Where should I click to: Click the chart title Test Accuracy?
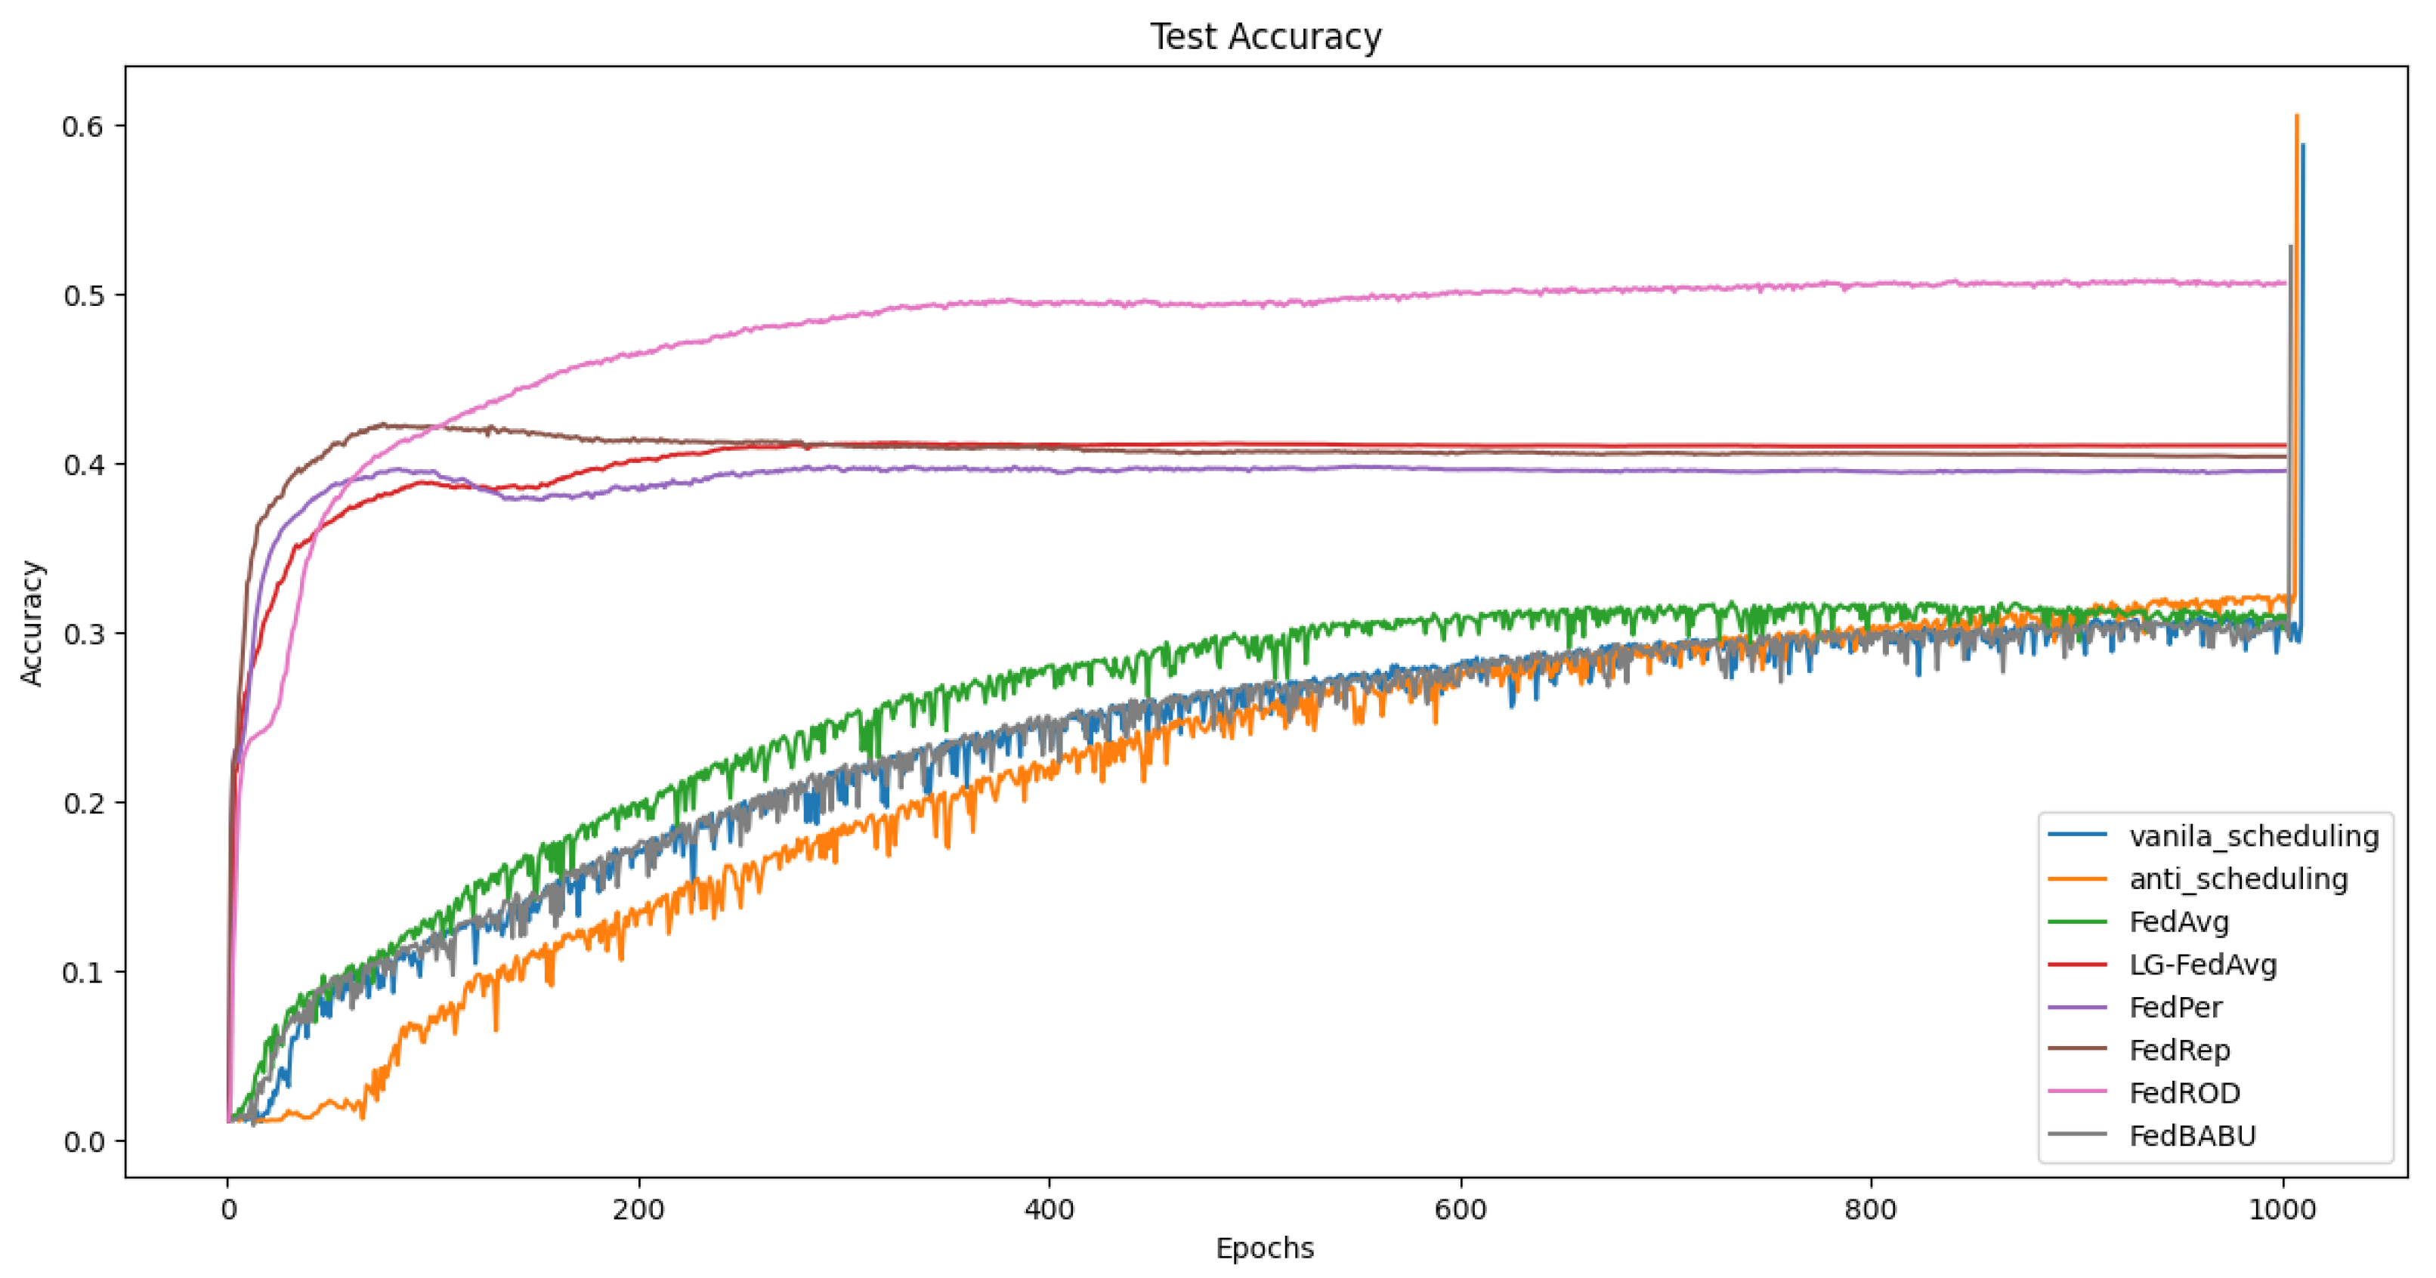pyautogui.click(x=1266, y=37)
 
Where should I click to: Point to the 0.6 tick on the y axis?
pyautogui.click(x=82, y=127)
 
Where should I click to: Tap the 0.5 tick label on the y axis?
pyautogui.click(x=82, y=296)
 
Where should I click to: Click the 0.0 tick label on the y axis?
pyautogui.click(x=82, y=1142)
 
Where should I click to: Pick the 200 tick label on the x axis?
pyautogui.click(x=638, y=1210)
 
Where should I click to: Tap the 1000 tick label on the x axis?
pyautogui.click(x=2282, y=1210)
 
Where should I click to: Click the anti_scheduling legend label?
pyautogui.click(x=2238, y=879)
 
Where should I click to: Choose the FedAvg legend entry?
pyautogui.click(x=2179, y=921)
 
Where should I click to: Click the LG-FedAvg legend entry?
pyautogui.click(x=2203, y=965)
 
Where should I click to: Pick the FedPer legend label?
pyautogui.click(x=2175, y=1008)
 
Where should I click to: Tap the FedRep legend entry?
pyautogui.click(x=2179, y=1050)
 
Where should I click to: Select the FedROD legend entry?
pyautogui.click(x=2184, y=1093)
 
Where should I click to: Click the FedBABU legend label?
pyautogui.click(x=2192, y=1135)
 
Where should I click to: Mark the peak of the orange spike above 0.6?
pyautogui.click(x=2296, y=116)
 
